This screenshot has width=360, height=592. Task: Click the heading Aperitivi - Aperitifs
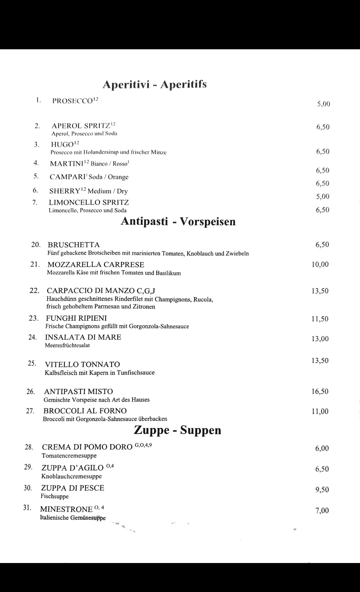[154, 84]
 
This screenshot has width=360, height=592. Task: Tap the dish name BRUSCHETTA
[74, 245]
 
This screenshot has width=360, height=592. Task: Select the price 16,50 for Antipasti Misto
[320, 391]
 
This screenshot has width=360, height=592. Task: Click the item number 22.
[34, 290]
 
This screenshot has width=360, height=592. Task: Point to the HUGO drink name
[62, 144]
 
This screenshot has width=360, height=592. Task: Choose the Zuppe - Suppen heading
[177, 430]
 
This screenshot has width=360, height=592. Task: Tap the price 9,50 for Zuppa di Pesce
[322, 490]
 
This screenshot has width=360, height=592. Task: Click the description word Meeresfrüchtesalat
[67, 345]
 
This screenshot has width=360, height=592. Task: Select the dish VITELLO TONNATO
[82, 364]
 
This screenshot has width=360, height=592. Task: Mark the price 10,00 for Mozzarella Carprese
[320, 265]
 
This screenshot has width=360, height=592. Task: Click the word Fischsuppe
[55, 496]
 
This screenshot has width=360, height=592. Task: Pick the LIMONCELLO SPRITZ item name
[89, 202]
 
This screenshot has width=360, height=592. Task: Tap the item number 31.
[27, 508]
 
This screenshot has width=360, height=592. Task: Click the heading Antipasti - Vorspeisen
[178, 221]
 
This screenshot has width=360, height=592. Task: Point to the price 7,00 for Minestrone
[322, 510]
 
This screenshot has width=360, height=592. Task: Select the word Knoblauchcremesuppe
[71, 476]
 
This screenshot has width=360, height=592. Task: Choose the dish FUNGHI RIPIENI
[76, 318]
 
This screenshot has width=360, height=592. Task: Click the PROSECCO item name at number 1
[72, 101]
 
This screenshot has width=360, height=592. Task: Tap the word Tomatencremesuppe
[69, 456]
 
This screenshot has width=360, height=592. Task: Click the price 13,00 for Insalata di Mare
[320, 339]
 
